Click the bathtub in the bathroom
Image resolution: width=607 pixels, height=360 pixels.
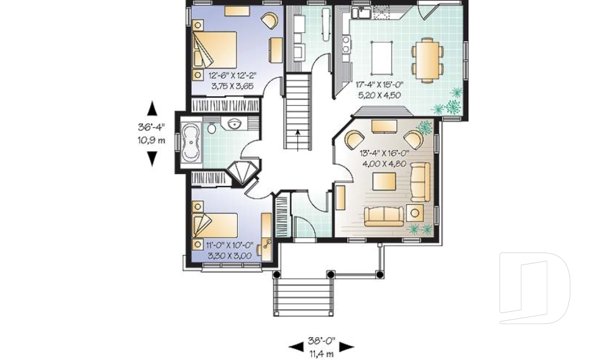point(190,143)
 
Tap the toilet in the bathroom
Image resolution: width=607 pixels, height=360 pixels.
point(212,128)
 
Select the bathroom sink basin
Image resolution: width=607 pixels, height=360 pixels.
point(234,123)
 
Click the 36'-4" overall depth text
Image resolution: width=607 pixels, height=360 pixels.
point(151,127)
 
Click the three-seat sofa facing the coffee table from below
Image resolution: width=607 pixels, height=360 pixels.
point(384,216)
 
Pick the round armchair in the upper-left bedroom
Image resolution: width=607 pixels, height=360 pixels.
point(269,21)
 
